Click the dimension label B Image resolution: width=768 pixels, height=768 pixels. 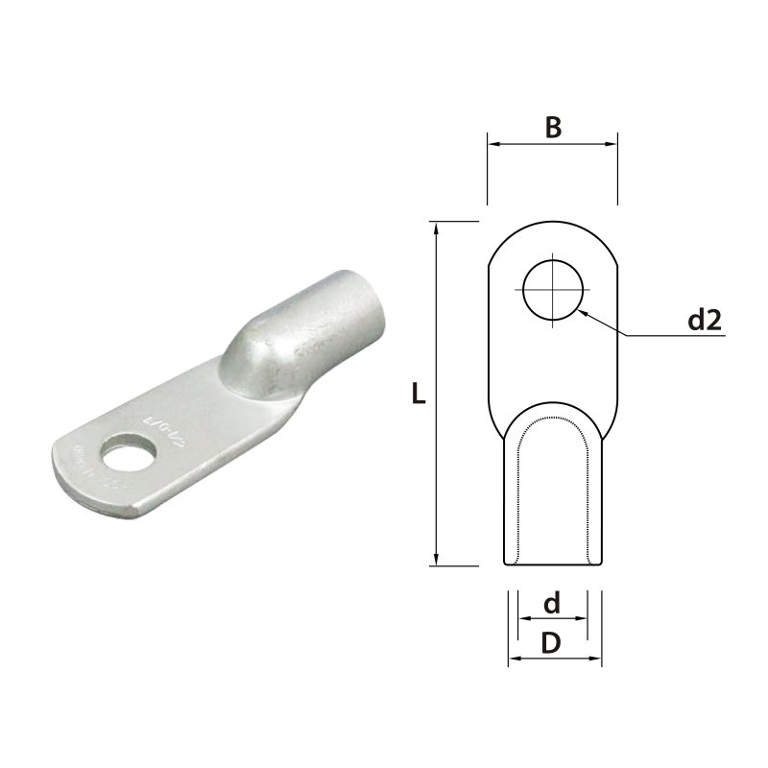[552, 127]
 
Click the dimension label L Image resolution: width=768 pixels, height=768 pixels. [419, 394]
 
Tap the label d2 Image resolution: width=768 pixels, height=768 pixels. [704, 320]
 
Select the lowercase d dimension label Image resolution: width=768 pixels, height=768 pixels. [551, 604]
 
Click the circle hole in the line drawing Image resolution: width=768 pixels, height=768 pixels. [553, 289]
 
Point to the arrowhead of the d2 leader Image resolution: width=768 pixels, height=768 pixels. [583, 310]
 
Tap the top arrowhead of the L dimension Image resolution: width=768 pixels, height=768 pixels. [437, 227]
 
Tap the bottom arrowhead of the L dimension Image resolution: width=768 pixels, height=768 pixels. [437, 561]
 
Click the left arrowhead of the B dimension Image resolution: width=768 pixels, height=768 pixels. [493, 146]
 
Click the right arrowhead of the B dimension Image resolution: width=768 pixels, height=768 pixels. [612, 146]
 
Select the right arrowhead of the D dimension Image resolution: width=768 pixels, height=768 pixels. [596, 659]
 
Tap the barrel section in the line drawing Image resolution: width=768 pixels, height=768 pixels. [553, 499]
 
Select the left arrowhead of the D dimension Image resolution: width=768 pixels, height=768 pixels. [513, 659]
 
